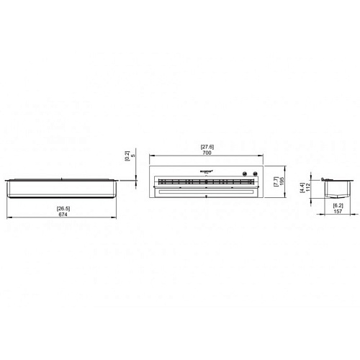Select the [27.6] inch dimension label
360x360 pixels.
point(206,148)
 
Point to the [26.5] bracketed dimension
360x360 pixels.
point(63,209)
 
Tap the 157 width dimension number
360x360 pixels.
point(338,212)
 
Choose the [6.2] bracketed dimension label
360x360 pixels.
point(338,205)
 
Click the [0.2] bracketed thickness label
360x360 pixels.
point(127,155)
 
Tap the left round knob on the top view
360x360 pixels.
point(245,174)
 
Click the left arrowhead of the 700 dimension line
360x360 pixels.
point(149,158)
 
